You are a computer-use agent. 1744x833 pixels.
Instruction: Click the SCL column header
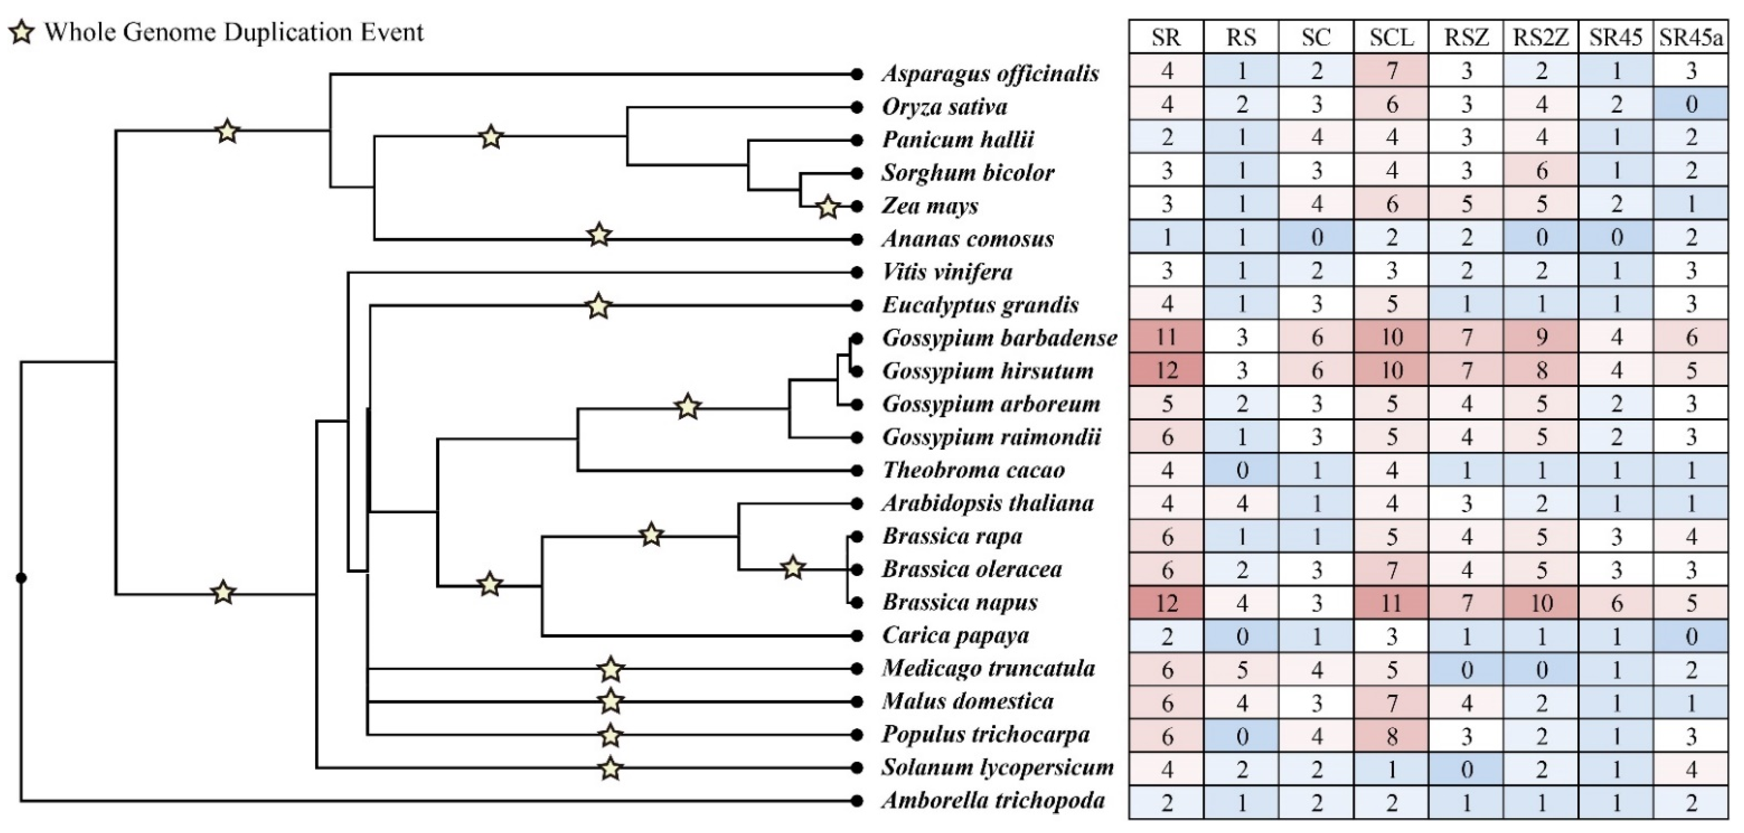1391,37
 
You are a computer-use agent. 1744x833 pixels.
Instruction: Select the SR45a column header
1691,37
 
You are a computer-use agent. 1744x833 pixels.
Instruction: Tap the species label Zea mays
930,206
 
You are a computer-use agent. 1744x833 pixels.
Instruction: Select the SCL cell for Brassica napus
1391,602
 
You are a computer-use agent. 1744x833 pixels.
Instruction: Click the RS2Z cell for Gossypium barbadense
1541,338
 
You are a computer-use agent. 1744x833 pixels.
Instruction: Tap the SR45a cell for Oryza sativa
1691,105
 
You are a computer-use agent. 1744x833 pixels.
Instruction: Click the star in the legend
22,32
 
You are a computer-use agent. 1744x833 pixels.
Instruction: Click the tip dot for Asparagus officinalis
856,74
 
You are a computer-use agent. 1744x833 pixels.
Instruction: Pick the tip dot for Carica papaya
856,635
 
